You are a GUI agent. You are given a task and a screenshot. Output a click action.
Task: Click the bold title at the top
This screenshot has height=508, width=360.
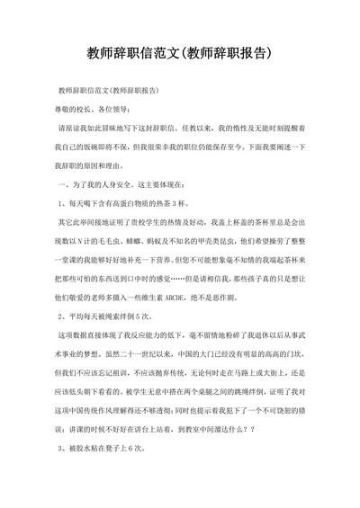click(x=179, y=53)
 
